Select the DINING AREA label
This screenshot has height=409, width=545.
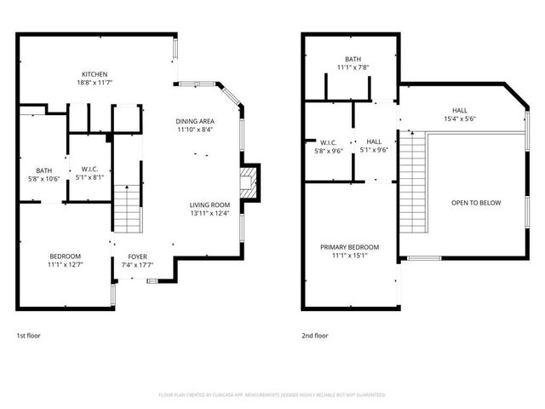pos(195,122)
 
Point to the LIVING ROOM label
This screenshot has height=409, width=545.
pos(209,204)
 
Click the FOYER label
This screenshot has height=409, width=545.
pos(138,256)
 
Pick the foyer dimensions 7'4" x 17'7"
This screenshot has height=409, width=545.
pos(138,265)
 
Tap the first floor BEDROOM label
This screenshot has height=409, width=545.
pos(65,256)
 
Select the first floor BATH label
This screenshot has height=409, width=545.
pos(43,170)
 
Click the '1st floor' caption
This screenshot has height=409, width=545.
pos(28,336)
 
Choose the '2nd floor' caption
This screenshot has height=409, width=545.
pos(315,336)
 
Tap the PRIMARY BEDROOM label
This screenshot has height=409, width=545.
pos(349,247)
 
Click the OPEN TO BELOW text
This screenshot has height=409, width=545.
pos(475,203)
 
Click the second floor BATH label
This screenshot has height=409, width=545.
pos(329,59)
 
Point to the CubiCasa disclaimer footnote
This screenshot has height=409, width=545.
pos(272,395)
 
